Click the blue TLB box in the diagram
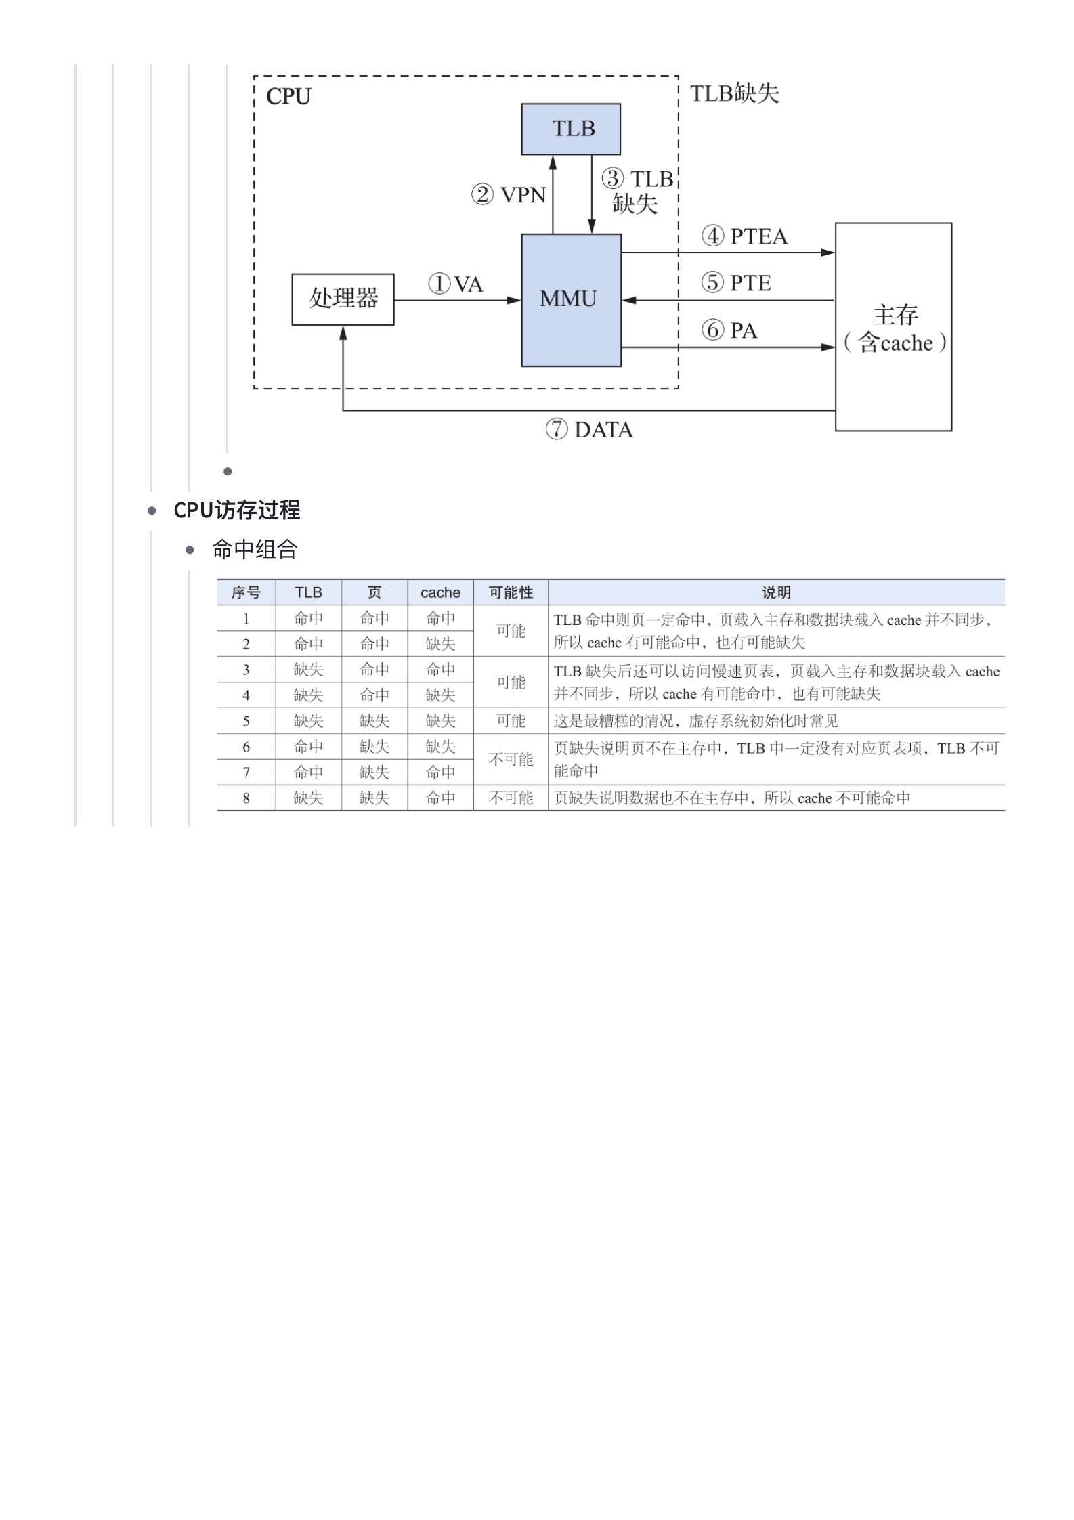point(570,129)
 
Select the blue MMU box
point(570,299)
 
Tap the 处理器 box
point(343,299)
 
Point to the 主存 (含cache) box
point(893,328)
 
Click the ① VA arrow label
point(455,284)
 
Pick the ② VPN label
point(509,195)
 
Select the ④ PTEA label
point(744,236)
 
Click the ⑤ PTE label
point(735,282)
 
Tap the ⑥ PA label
point(729,330)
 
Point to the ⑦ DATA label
point(588,430)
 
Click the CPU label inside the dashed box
point(288,97)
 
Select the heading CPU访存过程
point(236,510)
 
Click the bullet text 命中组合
point(255,549)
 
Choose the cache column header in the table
point(440,592)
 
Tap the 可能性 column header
point(511,592)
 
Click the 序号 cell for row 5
point(246,721)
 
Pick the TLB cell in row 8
point(308,798)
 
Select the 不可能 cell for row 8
point(511,798)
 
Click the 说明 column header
point(776,592)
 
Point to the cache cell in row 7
point(440,773)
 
